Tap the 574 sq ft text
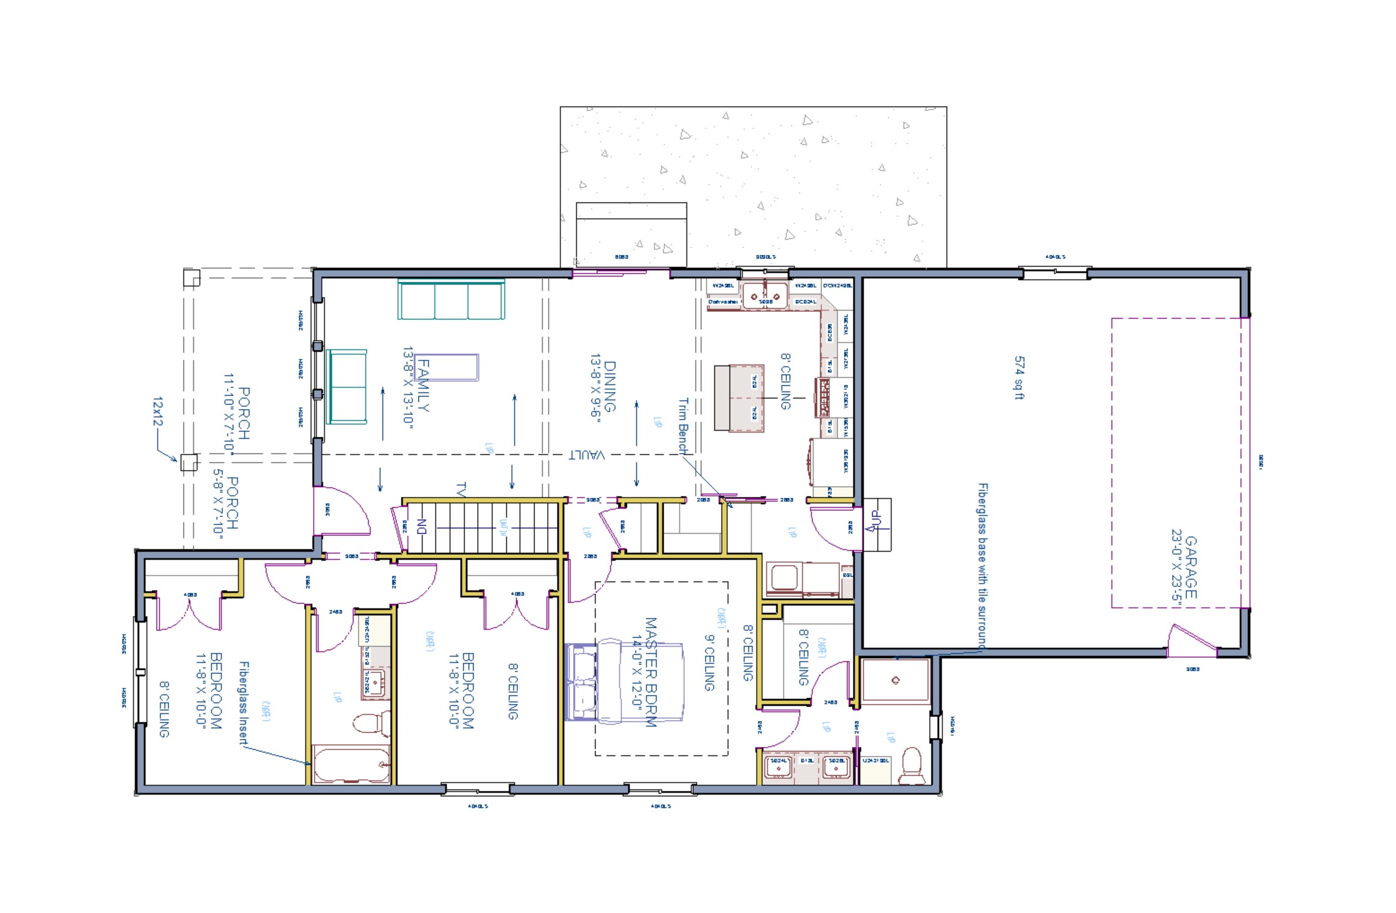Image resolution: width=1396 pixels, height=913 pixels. pyautogui.click(x=1019, y=378)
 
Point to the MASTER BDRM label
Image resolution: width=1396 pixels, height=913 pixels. pyautogui.click(x=651, y=672)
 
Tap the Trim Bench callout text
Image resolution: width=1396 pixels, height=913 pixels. pyautogui.click(x=683, y=425)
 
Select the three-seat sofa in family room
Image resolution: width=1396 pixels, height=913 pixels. pyautogui.click(x=451, y=301)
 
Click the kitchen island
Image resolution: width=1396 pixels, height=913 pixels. pyautogui.click(x=739, y=398)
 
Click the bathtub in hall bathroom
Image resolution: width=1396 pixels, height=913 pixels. pyautogui.click(x=352, y=764)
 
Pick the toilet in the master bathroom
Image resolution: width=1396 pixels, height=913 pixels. pyautogui.click(x=912, y=765)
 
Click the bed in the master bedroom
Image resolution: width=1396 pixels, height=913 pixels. pyautogui.click(x=625, y=682)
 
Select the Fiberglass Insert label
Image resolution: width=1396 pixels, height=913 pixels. pyautogui.click(x=243, y=703)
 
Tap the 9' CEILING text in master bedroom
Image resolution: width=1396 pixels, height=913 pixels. pyautogui.click(x=709, y=663)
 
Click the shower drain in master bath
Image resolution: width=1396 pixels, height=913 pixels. pyautogui.click(x=895, y=680)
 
